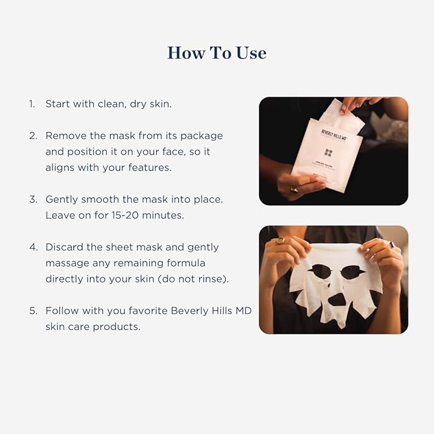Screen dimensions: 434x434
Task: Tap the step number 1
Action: pos(31,104)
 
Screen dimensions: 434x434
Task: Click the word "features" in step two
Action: pos(150,167)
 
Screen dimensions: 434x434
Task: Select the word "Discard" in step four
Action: pos(66,247)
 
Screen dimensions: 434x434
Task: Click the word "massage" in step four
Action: pos(68,263)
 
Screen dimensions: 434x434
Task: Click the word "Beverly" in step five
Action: pos(193,311)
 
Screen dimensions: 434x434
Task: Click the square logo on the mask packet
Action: pos(328,153)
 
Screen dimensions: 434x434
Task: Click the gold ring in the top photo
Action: pos(295,189)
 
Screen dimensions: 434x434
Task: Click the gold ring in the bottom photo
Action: pos(281,241)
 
